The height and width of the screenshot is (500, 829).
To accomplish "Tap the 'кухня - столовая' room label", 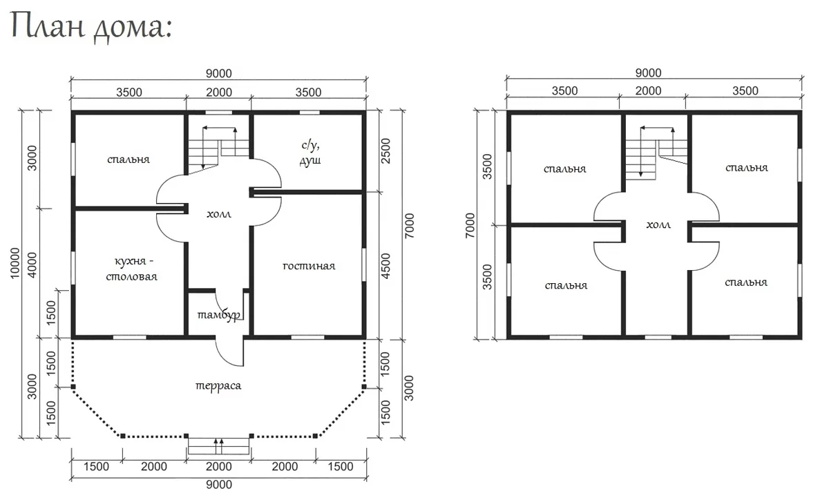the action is (x=132, y=269).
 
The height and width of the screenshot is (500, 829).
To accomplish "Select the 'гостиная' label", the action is (x=309, y=266).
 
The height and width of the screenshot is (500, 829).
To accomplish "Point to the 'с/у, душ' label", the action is (x=310, y=153).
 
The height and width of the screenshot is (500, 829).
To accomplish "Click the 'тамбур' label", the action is (x=219, y=315).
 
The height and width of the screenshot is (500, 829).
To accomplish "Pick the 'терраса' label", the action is (x=218, y=385).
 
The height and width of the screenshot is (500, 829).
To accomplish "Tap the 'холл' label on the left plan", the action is (x=219, y=214).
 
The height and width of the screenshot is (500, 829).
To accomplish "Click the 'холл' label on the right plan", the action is (x=658, y=224).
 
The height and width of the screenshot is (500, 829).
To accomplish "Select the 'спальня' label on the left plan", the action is (x=128, y=160).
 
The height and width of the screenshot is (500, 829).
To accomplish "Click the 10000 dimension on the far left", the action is (x=15, y=263).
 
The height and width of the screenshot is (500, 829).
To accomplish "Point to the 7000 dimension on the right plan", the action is (x=470, y=225).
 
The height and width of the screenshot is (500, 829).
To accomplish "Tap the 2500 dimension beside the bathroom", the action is (x=385, y=151).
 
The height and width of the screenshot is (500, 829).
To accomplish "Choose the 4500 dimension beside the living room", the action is (x=385, y=266).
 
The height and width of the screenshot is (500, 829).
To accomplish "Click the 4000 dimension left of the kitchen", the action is (x=32, y=265).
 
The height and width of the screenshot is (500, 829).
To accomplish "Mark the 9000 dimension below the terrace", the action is (x=219, y=484).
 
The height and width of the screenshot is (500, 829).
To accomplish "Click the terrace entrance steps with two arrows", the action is (x=219, y=446).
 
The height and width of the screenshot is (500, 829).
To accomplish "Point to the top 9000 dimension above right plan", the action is (x=648, y=73).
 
